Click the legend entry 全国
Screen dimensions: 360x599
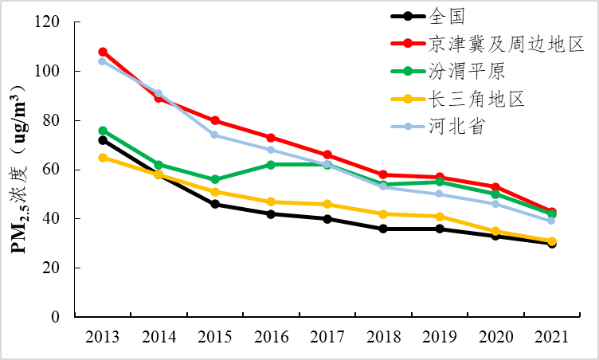[x=446, y=15]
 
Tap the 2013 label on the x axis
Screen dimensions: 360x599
[x=103, y=337]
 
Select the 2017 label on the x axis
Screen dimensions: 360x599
[x=327, y=337]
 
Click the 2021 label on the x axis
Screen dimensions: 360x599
[x=551, y=337]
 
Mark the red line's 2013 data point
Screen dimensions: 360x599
[x=103, y=52]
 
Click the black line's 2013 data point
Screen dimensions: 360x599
[x=103, y=140]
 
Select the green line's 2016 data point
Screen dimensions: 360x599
[x=271, y=165]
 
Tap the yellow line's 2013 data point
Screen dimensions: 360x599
[x=103, y=158]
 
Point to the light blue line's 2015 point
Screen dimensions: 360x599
[x=215, y=135]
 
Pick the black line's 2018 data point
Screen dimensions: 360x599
[x=383, y=229]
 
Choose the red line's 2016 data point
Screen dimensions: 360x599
[x=271, y=138]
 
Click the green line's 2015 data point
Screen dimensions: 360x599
[x=215, y=179]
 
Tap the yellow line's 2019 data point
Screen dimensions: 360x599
[x=439, y=217]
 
